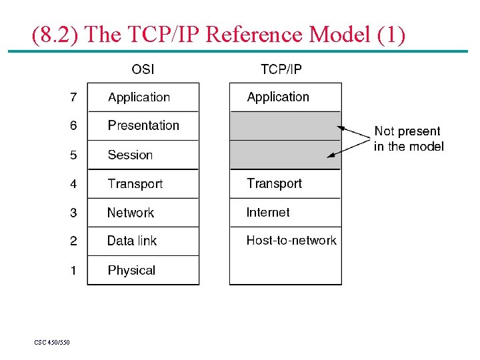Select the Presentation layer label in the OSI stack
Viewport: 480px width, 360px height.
tap(143, 125)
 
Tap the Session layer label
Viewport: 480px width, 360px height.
tap(130, 155)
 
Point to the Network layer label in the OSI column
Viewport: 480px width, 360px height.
tap(131, 213)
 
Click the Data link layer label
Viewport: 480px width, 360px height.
tap(132, 241)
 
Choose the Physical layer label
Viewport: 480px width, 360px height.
tap(131, 270)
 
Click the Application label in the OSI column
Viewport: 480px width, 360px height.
tap(139, 97)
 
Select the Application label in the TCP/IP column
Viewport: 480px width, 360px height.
tap(278, 97)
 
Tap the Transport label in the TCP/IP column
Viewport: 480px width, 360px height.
tap(274, 183)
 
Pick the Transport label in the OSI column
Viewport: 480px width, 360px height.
tap(135, 184)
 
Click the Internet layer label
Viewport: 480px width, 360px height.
tap(268, 213)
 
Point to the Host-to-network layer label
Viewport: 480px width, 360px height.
tap(291, 241)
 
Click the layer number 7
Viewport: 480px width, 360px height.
tap(73, 97)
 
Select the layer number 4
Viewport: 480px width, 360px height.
tap(73, 184)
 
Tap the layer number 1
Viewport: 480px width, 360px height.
tap(73, 271)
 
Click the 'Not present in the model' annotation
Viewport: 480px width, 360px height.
tap(408, 139)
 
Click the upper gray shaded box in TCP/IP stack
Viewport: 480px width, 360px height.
tap(285, 125)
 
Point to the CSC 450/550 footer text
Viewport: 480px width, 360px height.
tap(52, 343)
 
